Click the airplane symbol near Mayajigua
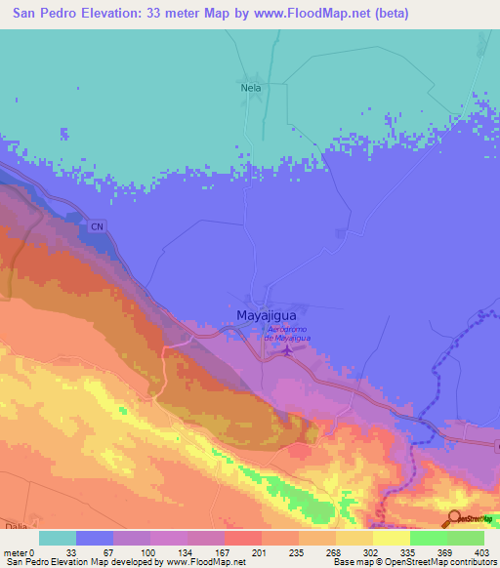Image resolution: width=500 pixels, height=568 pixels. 286,350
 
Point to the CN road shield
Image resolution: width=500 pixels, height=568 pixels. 97,226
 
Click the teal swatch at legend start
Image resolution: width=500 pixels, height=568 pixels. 57,538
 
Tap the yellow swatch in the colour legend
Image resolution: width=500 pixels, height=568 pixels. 392,538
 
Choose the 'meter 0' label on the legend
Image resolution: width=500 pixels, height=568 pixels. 20,551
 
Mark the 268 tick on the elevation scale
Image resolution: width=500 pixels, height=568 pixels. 335,551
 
